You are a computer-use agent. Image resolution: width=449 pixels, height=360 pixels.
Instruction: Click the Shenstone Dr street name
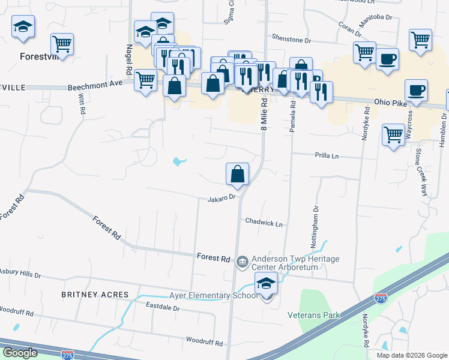292,40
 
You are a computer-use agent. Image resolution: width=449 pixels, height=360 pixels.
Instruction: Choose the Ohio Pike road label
391,102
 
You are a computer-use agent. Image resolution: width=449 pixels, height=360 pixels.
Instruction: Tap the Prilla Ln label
327,156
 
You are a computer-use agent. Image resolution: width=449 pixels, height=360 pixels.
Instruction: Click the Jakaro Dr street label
220,199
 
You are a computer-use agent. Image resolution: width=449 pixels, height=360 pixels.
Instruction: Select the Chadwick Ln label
264,223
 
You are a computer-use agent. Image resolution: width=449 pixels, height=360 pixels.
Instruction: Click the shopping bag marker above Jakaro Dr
238,174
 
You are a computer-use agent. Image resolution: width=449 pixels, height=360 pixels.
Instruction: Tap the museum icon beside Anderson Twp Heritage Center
242,260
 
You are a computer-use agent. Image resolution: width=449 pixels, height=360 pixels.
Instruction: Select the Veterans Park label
313,315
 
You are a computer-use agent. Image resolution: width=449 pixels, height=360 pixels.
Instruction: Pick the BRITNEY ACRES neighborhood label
95,295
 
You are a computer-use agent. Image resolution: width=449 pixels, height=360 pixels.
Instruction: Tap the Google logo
19,353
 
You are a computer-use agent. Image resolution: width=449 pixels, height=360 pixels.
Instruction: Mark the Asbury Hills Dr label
20,274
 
